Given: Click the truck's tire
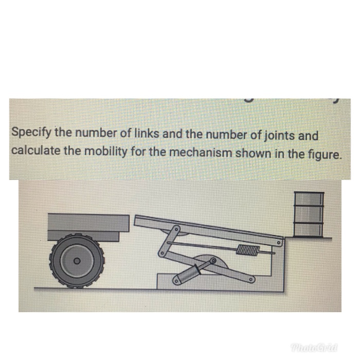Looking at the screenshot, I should [x=76, y=261].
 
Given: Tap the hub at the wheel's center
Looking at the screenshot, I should [x=76, y=261].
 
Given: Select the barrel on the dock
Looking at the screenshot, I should [x=308, y=214].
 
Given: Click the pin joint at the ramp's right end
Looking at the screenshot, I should [x=279, y=241].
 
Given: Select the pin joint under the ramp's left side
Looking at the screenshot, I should [x=175, y=229].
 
